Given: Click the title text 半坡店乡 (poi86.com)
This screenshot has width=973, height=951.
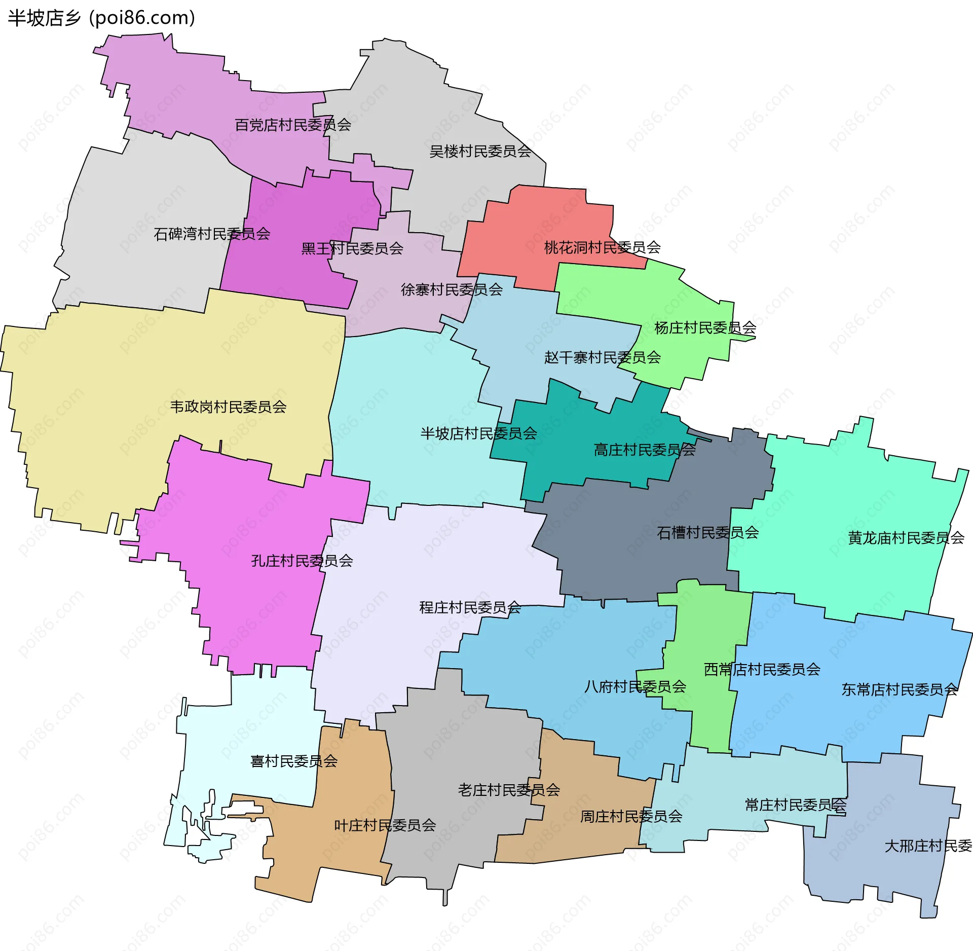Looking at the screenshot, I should [101, 18].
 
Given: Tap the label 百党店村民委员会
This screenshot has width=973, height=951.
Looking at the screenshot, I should [293, 125].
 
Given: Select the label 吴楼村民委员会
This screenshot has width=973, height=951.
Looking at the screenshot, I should [480, 151].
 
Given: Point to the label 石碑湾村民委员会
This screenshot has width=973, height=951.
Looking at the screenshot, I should [212, 234].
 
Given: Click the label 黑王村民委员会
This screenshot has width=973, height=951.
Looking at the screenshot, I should [352, 248].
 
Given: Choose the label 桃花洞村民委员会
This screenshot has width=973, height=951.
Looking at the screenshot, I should [602, 247].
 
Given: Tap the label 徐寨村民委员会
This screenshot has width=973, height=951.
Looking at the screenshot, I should [452, 289].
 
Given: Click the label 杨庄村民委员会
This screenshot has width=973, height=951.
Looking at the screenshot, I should [705, 328].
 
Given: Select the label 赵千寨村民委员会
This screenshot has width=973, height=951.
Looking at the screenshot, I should [602, 357].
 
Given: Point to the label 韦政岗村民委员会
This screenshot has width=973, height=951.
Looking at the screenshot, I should [228, 407].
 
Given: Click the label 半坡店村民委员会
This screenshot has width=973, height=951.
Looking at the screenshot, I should [478, 433].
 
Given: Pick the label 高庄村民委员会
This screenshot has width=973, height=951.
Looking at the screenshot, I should [644, 450].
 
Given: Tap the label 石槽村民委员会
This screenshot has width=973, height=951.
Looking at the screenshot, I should [707, 532].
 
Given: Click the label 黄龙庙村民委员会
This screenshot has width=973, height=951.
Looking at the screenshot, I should [906, 538].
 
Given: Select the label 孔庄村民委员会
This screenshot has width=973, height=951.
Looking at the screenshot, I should [302, 561].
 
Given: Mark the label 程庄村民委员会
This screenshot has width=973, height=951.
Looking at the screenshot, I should [470, 607].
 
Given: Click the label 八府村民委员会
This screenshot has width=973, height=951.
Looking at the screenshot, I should [635, 687].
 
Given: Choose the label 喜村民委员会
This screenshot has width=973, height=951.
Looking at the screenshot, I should [294, 761].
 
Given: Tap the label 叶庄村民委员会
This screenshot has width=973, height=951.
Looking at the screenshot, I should [385, 825].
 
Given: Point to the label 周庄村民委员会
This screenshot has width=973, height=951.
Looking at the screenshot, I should [631, 816].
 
